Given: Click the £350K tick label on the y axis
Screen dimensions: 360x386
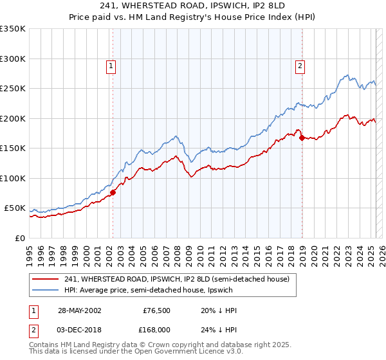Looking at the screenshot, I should coord(13,29).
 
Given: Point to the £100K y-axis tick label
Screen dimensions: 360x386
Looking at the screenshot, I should coord(13,178).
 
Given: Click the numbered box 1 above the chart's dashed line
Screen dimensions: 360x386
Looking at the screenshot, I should coord(111,65).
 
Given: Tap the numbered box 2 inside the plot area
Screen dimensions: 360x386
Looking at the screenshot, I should coord(300,65).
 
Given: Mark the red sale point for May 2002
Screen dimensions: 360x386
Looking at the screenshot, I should coord(113,192).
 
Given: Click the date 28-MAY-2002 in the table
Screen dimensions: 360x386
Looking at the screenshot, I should coord(77,310).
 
